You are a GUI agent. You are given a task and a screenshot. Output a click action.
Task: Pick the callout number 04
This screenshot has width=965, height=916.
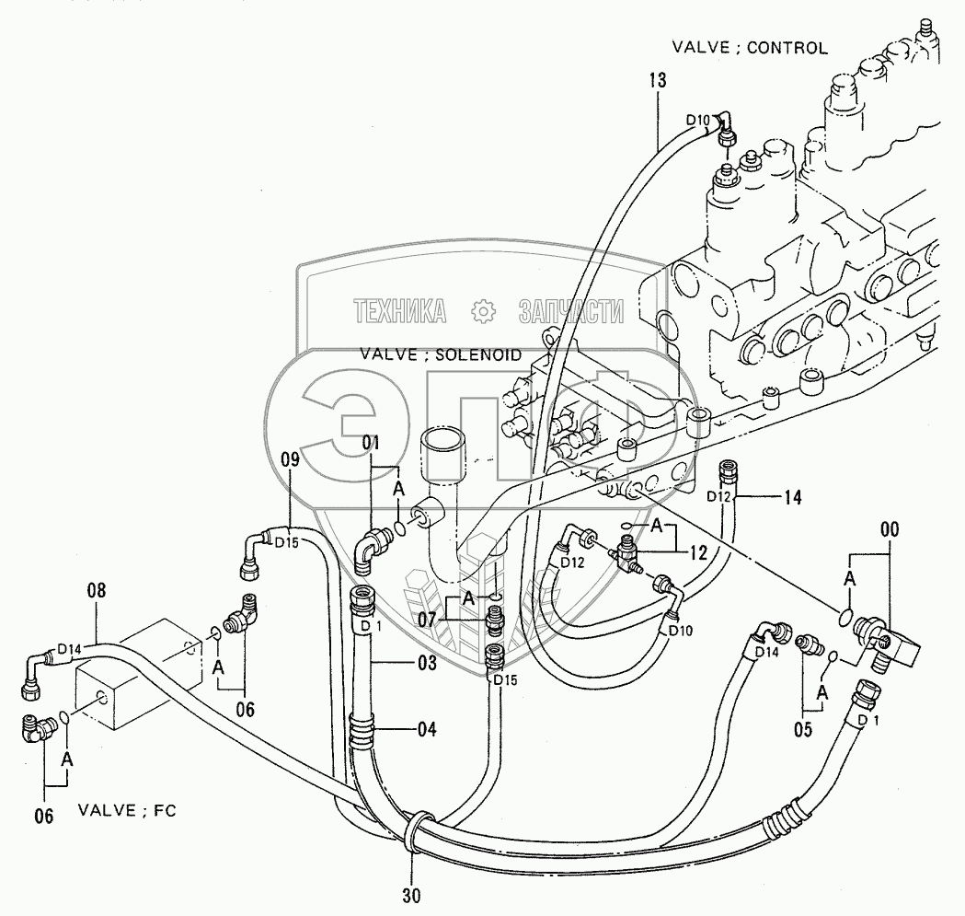point(425,731)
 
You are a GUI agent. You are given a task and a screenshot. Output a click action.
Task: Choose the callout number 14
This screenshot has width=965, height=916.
point(793,497)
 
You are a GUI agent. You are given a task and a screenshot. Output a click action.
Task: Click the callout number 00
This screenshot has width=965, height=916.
point(890,530)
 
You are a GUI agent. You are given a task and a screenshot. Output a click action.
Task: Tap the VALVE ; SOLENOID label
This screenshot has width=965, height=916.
point(441,354)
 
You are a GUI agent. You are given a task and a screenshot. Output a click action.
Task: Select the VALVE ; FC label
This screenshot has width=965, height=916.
point(126,811)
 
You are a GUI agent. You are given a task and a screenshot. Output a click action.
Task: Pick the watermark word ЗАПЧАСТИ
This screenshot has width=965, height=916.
point(570,312)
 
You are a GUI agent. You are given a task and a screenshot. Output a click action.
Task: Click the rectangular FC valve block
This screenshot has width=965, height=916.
point(138,677)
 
